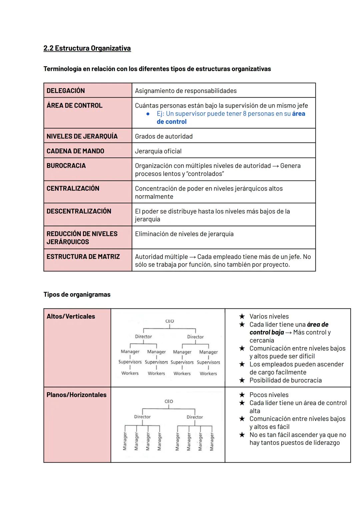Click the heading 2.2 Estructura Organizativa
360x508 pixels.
pyautogui.click(x=87, y=48)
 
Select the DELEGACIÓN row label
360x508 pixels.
pyautogui.click(x=66, y=91)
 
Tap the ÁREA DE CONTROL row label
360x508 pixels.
pyautogui.click(x=74, y=105)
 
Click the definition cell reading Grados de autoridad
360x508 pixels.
pyautogui.click(x=164, y=136)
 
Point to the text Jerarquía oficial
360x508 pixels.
pyautogui.click(x=158, y=151)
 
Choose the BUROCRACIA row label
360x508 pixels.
pyautogui.click(x=66, y=166)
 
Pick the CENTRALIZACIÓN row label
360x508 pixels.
pyautogui.click(x=73, y=189)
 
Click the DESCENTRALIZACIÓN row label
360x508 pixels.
pyautogui.click(x=79, y=211)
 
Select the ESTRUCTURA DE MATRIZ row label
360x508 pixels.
pyautogui.click(x=83, y=257)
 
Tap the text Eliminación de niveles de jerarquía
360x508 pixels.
pyautogui.click(x=184, y=234)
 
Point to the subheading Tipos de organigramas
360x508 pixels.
pyautogui.click(x=77, y=294)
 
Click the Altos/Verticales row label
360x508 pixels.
pyautogui.click(x=71, y=316)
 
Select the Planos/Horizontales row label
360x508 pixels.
pyautogui.click(x=76, y=395)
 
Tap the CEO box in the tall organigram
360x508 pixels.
pyautogui.click(x=170, y=321)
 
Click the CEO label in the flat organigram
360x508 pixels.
pyautogui.click(x=169, y=401)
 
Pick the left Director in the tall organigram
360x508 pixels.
pyautogui.click(x=143, y=336)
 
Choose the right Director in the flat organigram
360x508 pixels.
pyautogui.click(x=195, y=417)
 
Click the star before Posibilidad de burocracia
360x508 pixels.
pyautogui.click(x=242, y=380)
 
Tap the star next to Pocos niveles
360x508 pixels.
pyautogui.click(x=242, y=395)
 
